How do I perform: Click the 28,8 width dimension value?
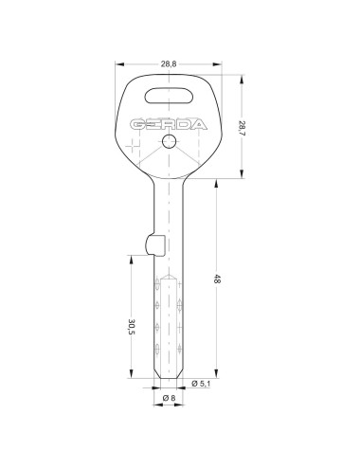click(169, 64)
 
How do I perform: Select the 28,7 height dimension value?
click(242, 127)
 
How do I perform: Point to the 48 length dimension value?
click(217, 279)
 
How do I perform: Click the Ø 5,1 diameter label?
click(201, 384)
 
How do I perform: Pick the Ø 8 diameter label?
click(169, 398)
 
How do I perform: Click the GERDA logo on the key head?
click(169, 125)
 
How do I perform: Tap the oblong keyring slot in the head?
click(169, 96)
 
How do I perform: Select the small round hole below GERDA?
click(169, 141)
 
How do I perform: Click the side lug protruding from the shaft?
click(155, 245)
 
